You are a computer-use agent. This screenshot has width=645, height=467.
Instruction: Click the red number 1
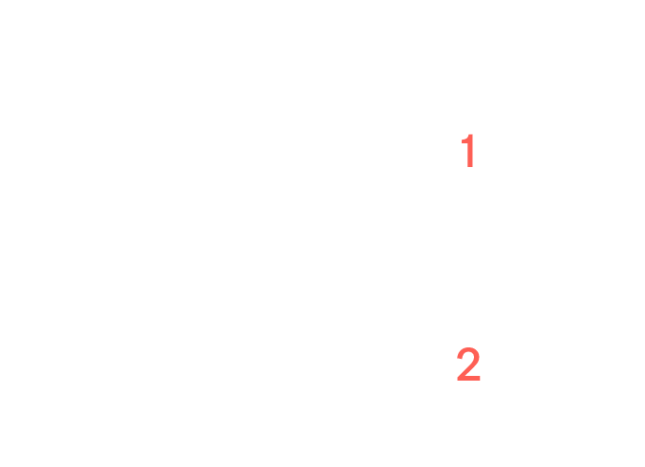(x=470, y=151)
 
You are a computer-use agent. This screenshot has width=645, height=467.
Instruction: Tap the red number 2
(x=468, y=364)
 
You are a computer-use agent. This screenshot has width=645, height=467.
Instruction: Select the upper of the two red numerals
(x=470, y=151)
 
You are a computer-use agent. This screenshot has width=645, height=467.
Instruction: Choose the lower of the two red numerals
(x=468, y=364)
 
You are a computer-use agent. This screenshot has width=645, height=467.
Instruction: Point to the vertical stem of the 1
(x=470, y=151)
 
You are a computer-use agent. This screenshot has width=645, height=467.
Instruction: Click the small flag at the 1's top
(x=465, y=139)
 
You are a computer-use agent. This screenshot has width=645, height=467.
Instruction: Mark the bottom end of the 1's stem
(x=470, y=167)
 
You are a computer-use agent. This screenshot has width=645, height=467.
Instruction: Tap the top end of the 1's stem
(x=471, y=134)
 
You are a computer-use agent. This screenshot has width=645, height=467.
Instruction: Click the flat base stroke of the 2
(x=469, y=378)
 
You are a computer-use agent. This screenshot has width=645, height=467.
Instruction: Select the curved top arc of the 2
(x=469, y=350)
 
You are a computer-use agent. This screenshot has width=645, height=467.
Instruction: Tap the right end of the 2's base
(x=480, y=378)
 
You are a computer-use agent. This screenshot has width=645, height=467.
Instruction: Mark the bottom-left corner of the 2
(x=457, y=381)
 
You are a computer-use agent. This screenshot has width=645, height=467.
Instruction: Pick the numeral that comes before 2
(x=470, y=151)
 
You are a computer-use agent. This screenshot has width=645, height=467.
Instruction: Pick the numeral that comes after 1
(x=468, y=364)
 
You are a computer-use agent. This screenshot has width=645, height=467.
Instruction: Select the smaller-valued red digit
(x=470, y=151)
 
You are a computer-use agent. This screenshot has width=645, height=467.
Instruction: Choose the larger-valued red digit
(x=468, y=364)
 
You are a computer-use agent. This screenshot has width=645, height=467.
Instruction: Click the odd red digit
(x=470, y=151)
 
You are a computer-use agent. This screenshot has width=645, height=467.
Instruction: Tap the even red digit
(x=468, y=364)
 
